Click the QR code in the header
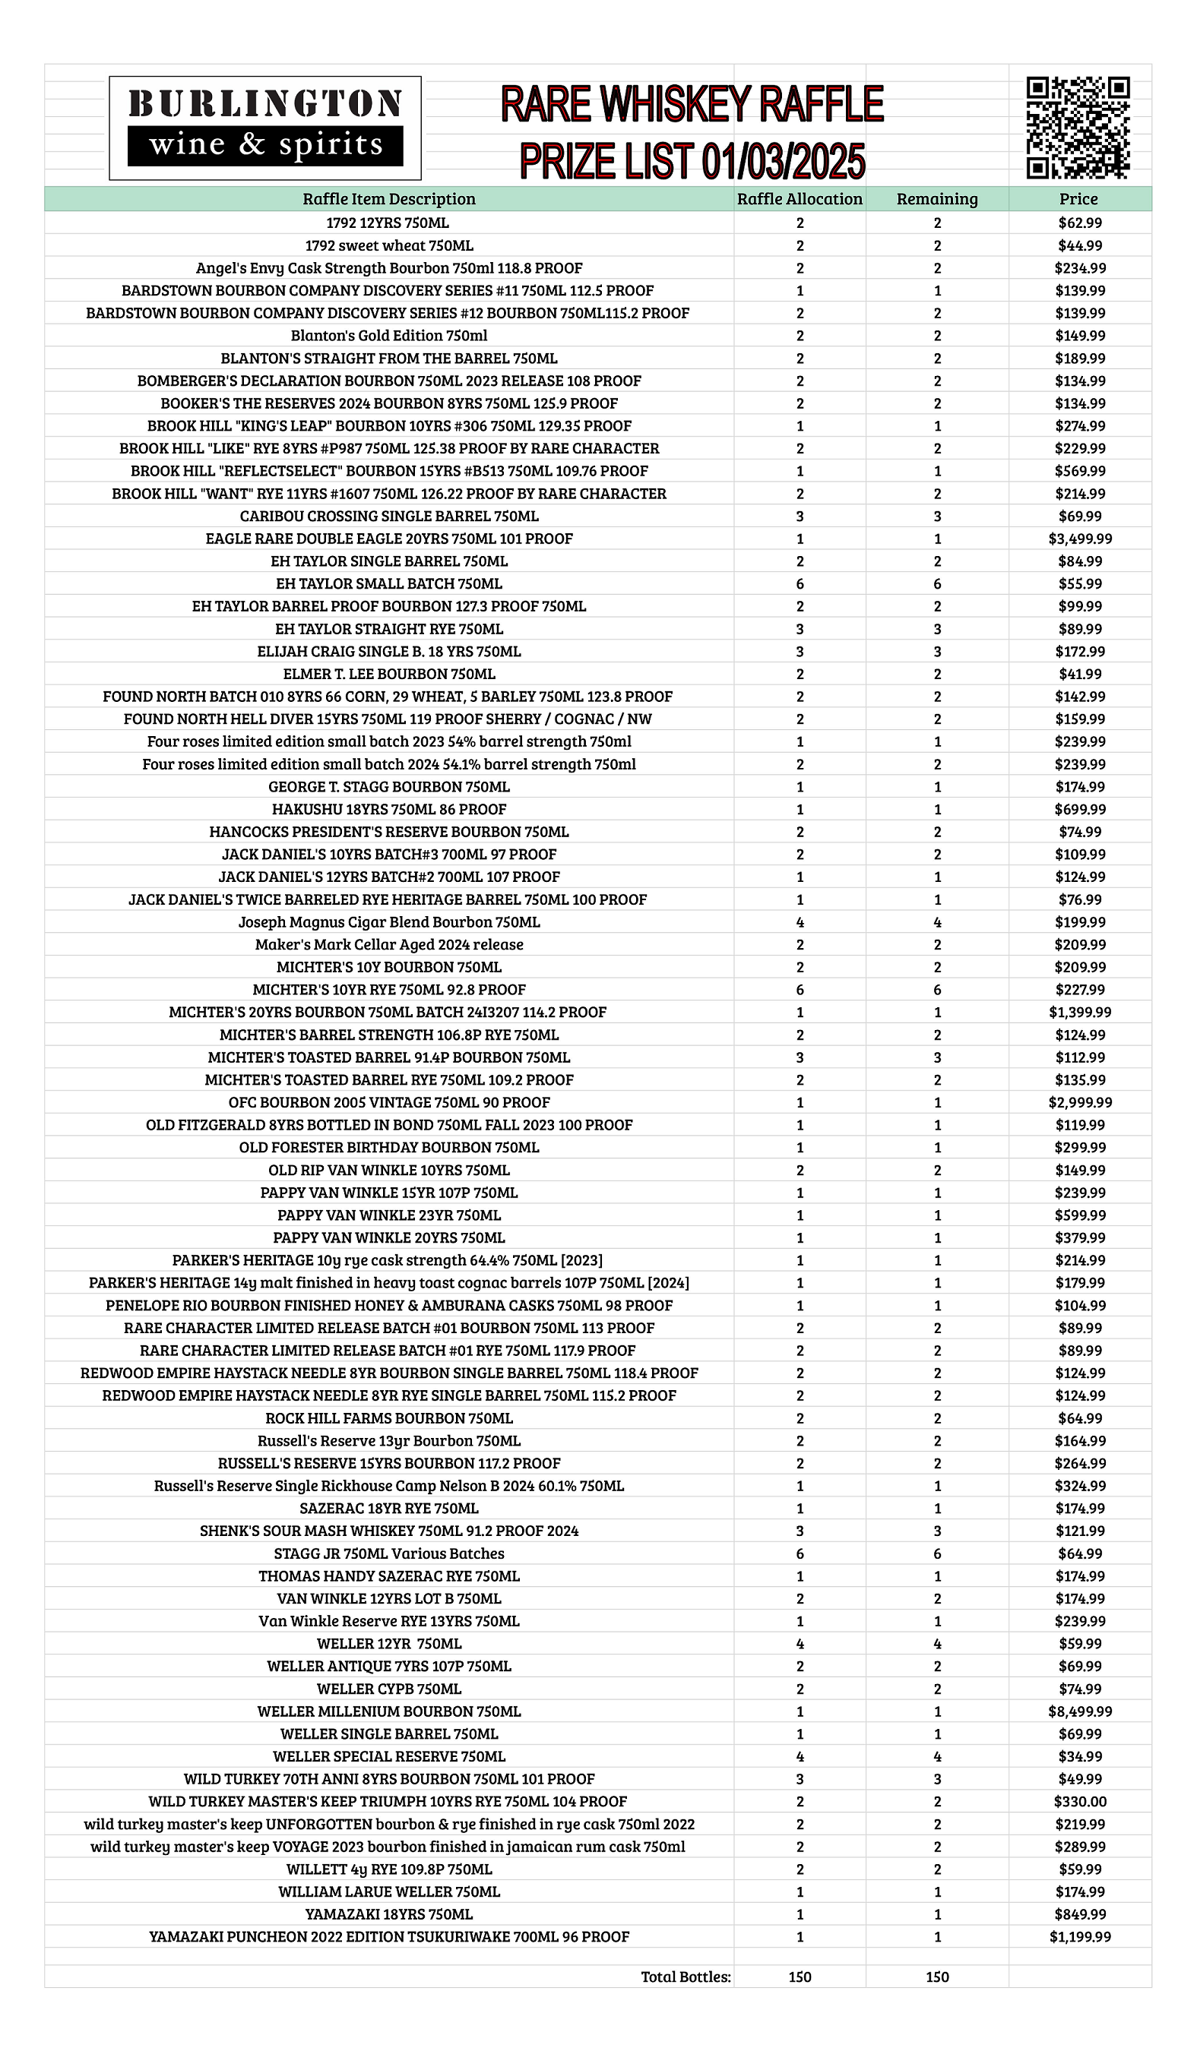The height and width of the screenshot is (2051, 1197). pyautogui.click(x=1078, y=127)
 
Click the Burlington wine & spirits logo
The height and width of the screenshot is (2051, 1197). pyautogui.click(x=264, y=128)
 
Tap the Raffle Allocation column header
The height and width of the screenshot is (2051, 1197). pyautogui.click(x=799, y=198)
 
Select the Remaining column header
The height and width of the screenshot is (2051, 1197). pyautogui.click(x=936, y=198)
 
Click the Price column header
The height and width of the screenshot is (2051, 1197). pyautogui.click(x=1079, y=198)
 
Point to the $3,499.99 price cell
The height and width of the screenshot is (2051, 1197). pyautogui.click(x=1080, y=539)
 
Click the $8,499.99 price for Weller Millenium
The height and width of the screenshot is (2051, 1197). pyautogui.click(x=1080, y=1711)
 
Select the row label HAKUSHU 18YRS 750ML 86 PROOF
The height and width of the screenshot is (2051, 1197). pyautogui.click(x=389, y=809)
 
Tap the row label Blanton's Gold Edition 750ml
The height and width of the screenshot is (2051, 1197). pyautogui.click(x=389, y=335)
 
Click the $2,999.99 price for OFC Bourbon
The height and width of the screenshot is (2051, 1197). pyautogui.click(x=1080, y=1102)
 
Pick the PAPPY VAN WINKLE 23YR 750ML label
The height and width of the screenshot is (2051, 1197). pyautogui.click(x=389, y=1215)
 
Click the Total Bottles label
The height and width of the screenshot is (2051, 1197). pyautogui.click(x=686, y=1977)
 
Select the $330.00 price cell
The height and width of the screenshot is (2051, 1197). pyautogui.click(x=1080, y=1801)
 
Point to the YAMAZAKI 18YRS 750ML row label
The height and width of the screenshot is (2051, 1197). pyautogui.click(x=389, y=1914)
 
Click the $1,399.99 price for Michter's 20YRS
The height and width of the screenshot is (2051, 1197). pyautogui.click(x=1080, y=1013)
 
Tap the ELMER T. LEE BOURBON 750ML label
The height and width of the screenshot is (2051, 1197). pyautogui.click(x=389, y=674)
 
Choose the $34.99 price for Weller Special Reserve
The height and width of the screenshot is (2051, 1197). pyautogui.click(x=1080, y=1756)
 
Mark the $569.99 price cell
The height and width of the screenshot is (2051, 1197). pyautogui.click(x=1080, y=471)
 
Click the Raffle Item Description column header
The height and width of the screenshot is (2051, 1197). pyautogui.click(x=389, y=198)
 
